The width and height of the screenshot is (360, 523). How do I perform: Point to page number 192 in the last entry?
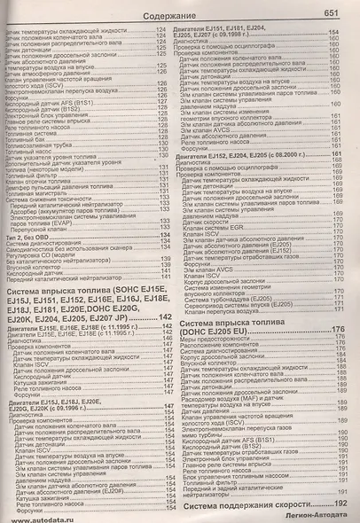[340, 504]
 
